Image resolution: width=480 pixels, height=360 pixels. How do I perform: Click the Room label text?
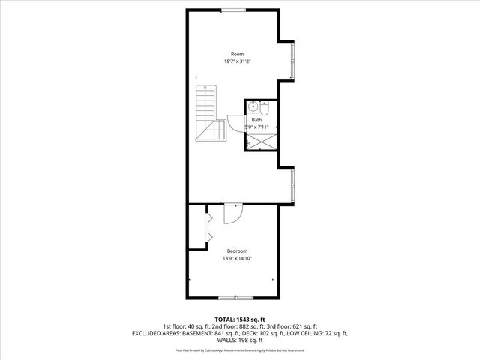237,54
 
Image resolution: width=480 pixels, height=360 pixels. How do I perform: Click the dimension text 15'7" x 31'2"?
237,61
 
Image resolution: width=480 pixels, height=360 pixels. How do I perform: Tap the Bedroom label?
237,251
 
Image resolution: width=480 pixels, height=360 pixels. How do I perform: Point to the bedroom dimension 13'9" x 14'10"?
237,259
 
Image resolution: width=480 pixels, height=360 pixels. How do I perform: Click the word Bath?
256,120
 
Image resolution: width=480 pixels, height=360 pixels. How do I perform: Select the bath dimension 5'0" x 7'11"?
256,127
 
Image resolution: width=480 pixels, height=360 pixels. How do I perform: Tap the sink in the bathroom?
253,106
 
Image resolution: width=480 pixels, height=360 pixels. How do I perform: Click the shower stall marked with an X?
260,141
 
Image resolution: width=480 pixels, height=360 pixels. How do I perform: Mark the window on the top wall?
232,10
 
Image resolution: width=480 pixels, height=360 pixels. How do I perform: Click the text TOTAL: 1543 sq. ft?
240,319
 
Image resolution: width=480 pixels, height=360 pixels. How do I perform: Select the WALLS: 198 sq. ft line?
240,339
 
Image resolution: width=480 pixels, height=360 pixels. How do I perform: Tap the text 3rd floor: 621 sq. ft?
293,326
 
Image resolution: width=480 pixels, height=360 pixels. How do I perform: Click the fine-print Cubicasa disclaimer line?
240,350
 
